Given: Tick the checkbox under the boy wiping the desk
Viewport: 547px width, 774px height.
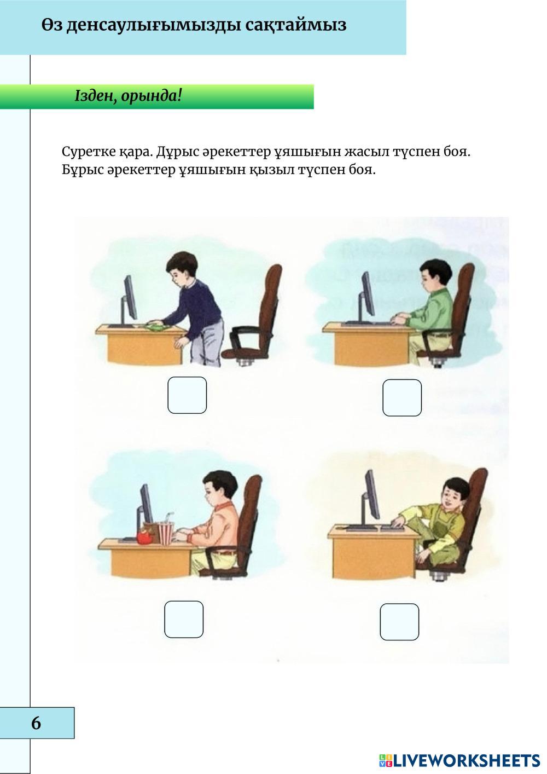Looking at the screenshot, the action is (187, 395).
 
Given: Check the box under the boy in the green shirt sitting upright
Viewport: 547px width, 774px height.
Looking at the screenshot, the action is (402, 397).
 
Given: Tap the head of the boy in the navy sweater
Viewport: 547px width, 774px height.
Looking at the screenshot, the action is (182, 267).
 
